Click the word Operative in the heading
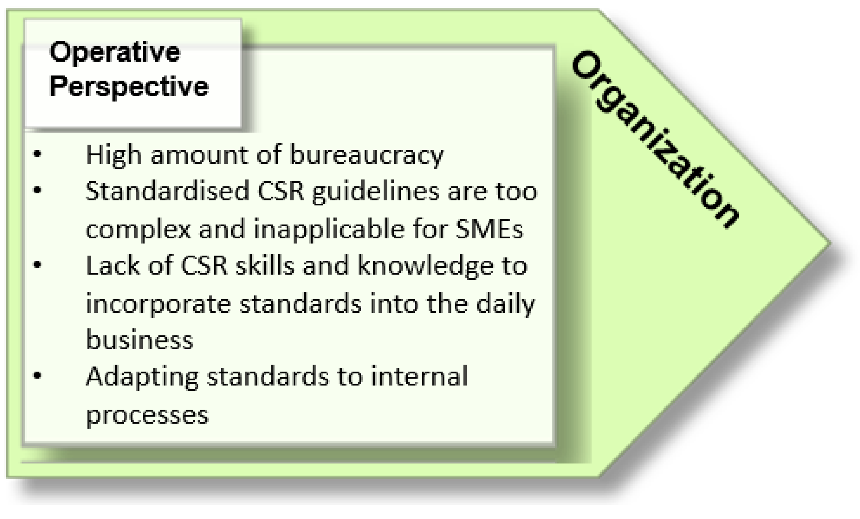tap(115, 52)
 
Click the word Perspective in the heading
tap(129, 86)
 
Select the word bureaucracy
tap(366, 155)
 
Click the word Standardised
tap(167, 192)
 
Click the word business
tap(139, 340)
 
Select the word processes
tap(147, 415)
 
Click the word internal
tap(419, 377)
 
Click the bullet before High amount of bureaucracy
tap(37, 154)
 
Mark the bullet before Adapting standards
tap(37, 376)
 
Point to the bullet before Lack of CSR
tap(37, 265)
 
